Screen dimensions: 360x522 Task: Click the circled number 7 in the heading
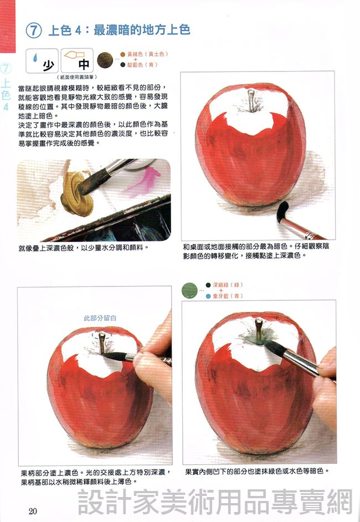coord(34,30)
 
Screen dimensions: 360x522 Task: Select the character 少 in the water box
coord(49,65)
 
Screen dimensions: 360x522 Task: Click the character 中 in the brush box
coord(84,64)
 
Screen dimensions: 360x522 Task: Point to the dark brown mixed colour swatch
coord(105,60)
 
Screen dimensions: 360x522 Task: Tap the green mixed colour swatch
coord(189,290)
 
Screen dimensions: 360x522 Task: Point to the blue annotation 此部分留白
coord(100,318)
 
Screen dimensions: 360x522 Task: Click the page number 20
coord(33,511)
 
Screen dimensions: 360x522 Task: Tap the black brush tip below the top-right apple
coord(282,211)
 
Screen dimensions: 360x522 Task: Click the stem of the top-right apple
coord(252,100)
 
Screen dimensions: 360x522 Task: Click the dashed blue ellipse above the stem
coord(102,335)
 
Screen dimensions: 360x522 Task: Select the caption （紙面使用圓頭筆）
coord(78,77)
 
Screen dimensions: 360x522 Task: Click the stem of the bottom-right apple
coord(259,329)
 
